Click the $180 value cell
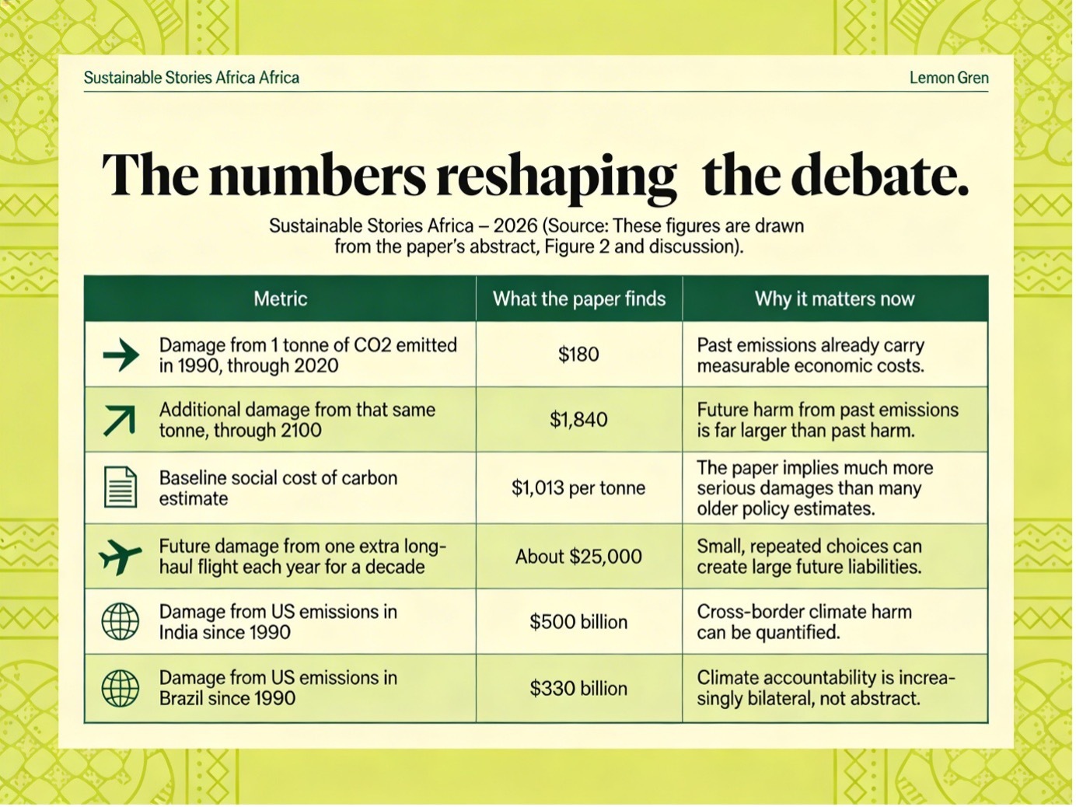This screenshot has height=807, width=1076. [x=579, y=355]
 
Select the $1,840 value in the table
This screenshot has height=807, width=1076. [x=579, y=420]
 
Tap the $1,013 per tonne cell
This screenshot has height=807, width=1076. [x=579, y=488]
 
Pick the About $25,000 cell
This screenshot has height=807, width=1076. [x=579, y=557]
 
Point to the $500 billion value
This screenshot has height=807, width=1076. [x=579, y=622]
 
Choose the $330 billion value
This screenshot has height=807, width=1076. [x=579, y=689]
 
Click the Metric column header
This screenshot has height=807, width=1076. [x=281, y=299]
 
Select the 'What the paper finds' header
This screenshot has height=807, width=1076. [x=579, y=299]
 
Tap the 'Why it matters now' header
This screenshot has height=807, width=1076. [x=835, y=299]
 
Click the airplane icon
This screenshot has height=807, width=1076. [x=121, y=557]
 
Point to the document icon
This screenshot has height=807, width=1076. [x=121, y=487]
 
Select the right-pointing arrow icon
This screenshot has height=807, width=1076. [x=121, y=355]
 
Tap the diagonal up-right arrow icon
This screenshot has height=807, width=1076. [x=120, y=420]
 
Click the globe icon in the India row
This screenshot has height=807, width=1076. [x=121, y=622]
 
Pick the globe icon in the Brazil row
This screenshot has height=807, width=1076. [x=121, y=689]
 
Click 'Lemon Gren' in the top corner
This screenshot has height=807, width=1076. [x=949, y=78]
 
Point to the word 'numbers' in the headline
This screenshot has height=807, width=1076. [x=317, y=176]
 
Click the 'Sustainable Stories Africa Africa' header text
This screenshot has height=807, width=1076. [x=191, y=78]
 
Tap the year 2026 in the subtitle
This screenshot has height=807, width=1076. [x=515, y=226]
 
